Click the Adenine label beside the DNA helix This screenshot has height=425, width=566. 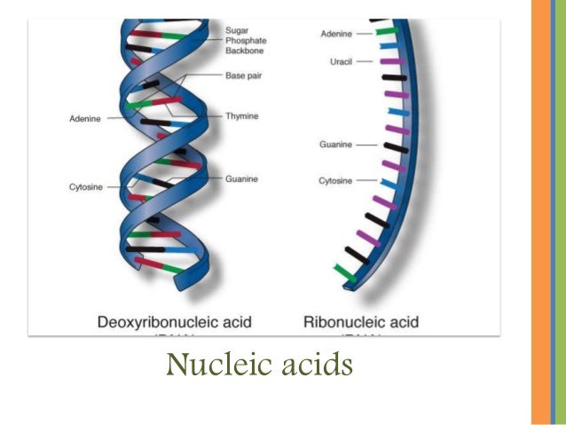84,119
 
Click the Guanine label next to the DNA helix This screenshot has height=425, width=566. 240,178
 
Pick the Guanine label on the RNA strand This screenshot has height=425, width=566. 336,144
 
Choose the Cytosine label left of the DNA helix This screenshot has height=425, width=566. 85,187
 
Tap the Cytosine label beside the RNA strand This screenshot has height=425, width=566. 335,181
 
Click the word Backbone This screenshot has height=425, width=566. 245,51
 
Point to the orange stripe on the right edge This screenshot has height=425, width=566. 546,213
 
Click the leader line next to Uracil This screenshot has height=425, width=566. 366,61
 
